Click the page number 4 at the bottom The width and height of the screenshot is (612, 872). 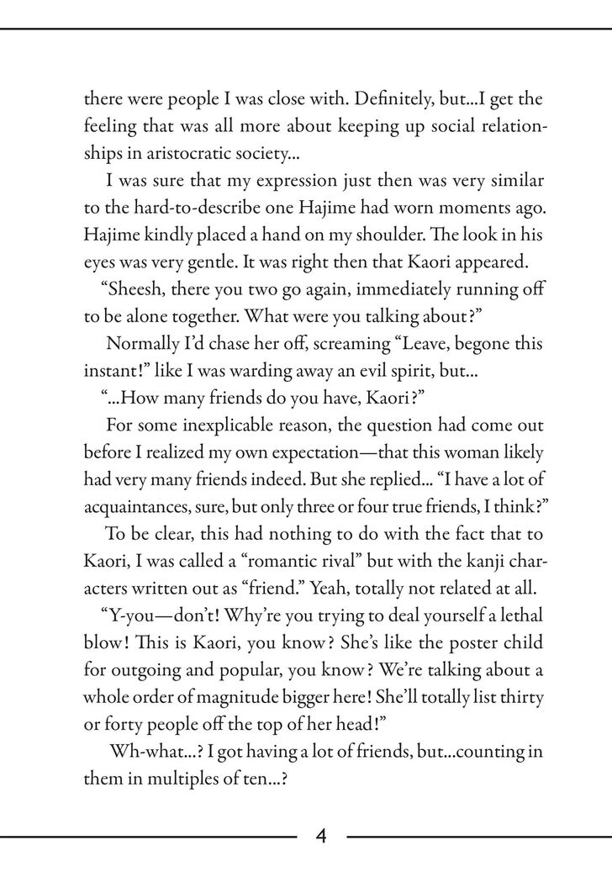(322, 837)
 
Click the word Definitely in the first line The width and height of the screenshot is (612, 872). (366, 98)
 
